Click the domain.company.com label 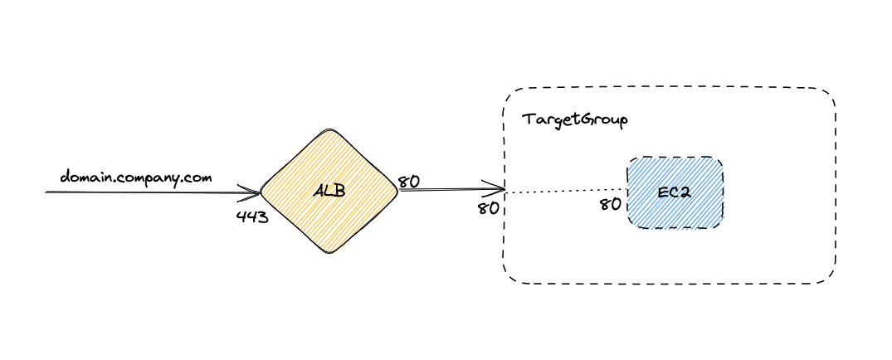click(136, 178)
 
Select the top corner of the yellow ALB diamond click(330, 129)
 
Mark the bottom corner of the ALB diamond click(330, 254)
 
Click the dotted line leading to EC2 click(564, 192)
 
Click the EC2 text click(674, 192)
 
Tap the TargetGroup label click(574, 119)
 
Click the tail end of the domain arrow click(47, 192)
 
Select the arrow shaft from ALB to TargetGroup click(448, 190)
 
